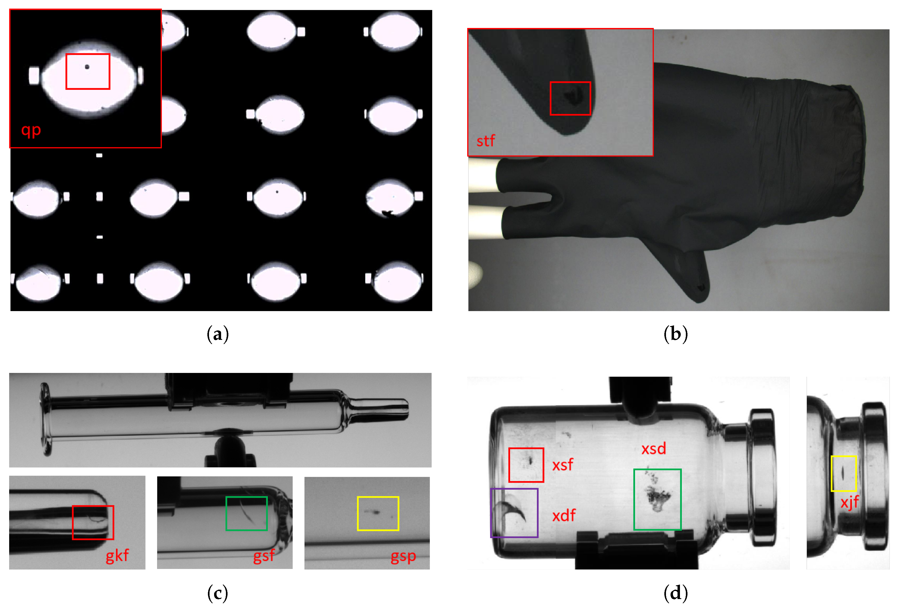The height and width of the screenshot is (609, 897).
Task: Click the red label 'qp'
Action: pyautogui.click(x=31, y=130)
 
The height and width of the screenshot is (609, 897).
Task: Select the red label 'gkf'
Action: pyautogui.click(x=117, y=556)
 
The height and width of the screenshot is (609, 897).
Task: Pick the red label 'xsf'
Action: pyautogui.click(x=562, y=465)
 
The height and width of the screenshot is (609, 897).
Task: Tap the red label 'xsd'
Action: pyautogui.click(x=653, y=448)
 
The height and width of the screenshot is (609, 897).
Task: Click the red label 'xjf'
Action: pyautogui.click(x=849, y=503)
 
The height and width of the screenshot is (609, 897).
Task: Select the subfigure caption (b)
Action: pyautogui.click(x=675, y=334)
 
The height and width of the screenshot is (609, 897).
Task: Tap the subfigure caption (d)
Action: pyautogui.click(x=675, y=593)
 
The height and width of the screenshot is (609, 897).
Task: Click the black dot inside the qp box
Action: pyautogui.click(x=87, y=67)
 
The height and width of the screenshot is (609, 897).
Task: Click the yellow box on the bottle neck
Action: pyautogui.click(x=831, y=473)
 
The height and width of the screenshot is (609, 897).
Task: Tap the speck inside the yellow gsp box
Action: pyautogui.click(x=375, y=512)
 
